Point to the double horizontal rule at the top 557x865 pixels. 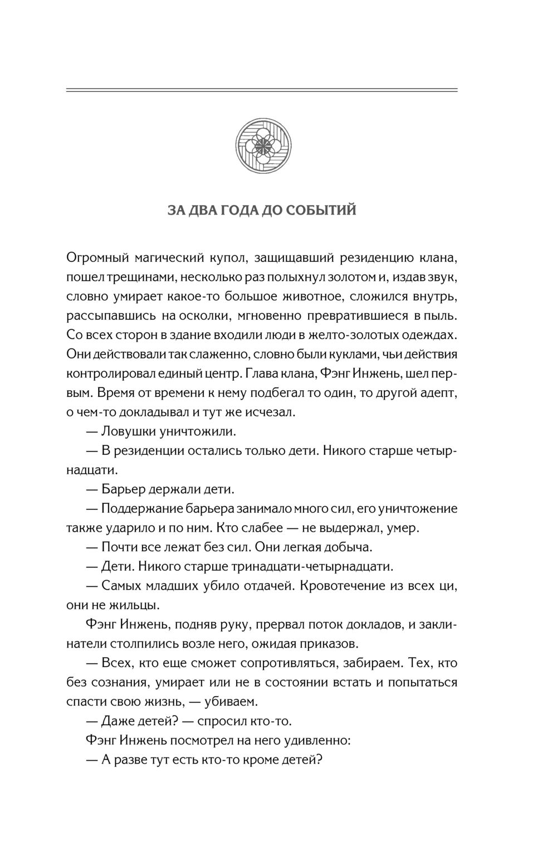point(262,90)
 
